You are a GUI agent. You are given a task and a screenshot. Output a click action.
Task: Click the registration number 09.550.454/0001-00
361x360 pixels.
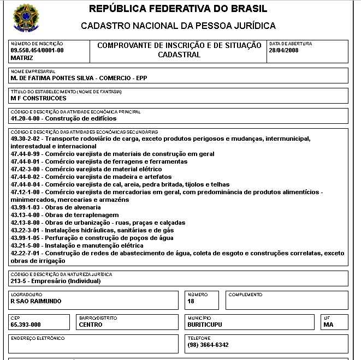pyautogui.click(x=37, y=50)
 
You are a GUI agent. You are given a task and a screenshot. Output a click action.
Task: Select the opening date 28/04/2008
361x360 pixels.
pyautogui.click(x=283, y=50)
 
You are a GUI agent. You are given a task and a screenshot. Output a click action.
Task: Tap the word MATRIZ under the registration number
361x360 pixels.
pyautogui.click(x=22, y=57)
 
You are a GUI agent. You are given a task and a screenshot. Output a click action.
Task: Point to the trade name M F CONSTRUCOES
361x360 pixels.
pyautogui.click(x=38, y=98)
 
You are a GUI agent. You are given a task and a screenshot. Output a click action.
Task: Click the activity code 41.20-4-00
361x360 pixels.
pyautogui.click(x=26, y=118)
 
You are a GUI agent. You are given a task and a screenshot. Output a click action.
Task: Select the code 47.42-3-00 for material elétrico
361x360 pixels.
pyautogui.click(x=26, y=169)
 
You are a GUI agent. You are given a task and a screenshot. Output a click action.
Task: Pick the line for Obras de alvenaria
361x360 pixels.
pyautogui.click(x=56, y=207)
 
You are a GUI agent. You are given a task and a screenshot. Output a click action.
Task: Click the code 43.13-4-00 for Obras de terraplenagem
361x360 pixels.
pyautogui.click(x=26, y=215)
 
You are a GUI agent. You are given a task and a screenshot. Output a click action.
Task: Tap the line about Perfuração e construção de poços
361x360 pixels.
pyautogui.click(x=92, y=238)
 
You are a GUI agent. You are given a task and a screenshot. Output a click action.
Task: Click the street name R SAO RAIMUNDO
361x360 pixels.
pyautogui.click(x=36, y=301)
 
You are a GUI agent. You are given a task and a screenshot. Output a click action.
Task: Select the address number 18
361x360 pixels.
pyautogui.click(x=191, y=301)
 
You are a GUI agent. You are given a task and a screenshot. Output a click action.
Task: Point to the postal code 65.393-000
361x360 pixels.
pyautogui.click(x=26, y=325)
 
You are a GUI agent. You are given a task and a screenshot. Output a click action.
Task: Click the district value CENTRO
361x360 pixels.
pyautogui.click(x=91, y=325)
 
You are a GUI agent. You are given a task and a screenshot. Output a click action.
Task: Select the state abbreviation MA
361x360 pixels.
pyautogui.click(x=328, y=325)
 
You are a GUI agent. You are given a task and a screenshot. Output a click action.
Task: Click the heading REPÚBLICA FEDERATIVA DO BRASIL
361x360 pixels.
pyautogui.click(x=178, y=9)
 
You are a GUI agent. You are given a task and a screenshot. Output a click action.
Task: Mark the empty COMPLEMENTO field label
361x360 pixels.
pyautogui.click(x=245, y=295)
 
